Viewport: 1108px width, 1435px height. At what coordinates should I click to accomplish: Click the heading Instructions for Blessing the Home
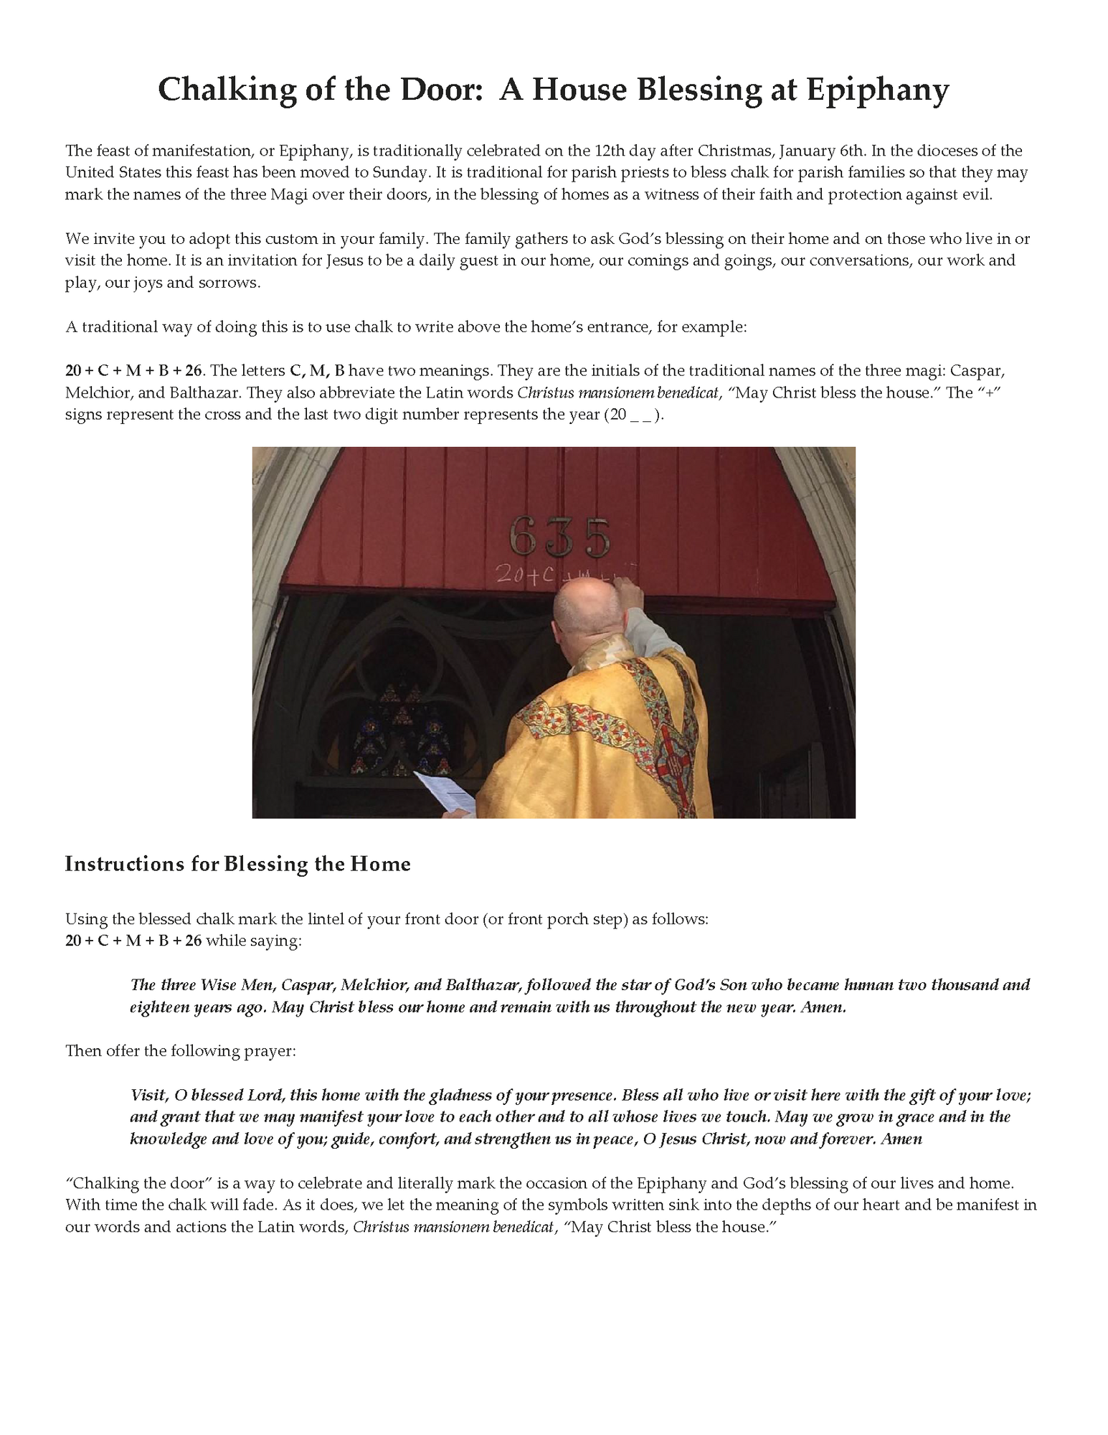[x=237, y=864]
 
